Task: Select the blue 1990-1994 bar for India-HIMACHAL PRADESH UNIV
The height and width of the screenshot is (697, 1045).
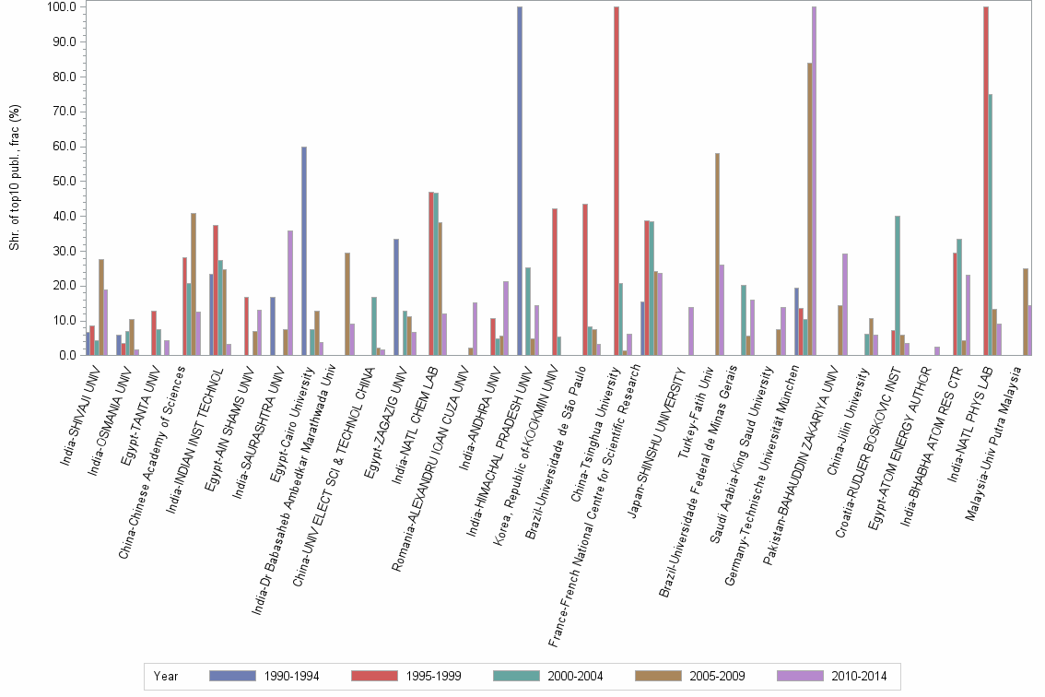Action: point(520,181)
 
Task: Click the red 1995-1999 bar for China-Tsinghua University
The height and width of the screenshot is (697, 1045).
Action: point(616,181)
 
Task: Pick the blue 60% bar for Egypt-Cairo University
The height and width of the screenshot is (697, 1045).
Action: point(303,251)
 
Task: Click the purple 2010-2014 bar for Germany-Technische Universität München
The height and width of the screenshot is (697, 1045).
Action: point(815,181)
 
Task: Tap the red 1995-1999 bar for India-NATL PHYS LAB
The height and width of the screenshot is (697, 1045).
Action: point(986,181)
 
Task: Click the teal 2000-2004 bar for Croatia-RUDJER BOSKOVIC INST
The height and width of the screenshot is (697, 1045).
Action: point(898,286)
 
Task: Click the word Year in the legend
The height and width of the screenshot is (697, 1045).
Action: point(166,676)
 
